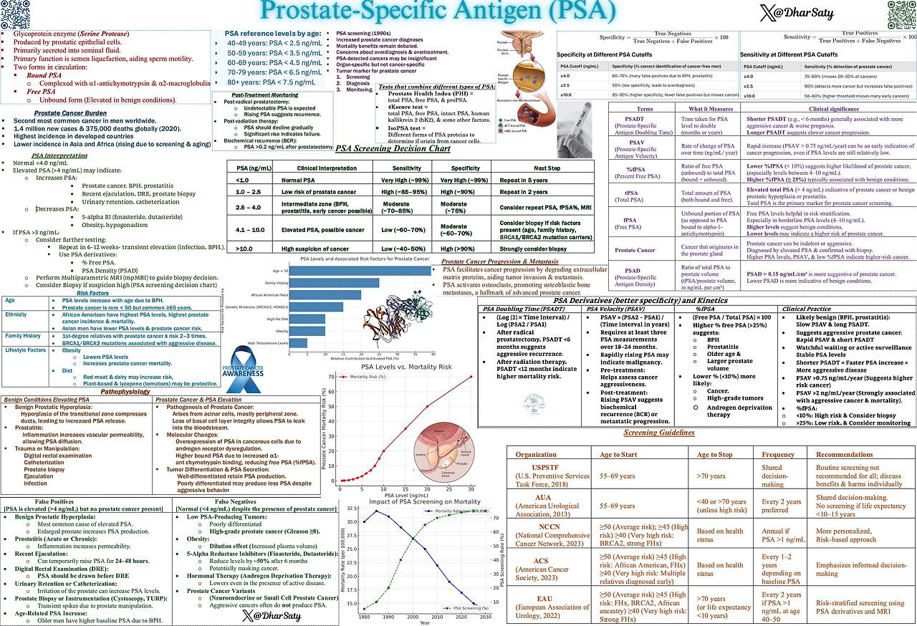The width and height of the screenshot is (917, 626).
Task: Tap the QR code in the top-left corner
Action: [x=14, y=14]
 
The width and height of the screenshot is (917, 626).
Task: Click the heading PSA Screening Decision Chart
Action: [x=393, y=149]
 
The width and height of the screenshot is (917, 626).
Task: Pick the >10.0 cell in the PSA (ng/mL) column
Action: [x=243, y=248]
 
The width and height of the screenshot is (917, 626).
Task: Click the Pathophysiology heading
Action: [x=125, y=392]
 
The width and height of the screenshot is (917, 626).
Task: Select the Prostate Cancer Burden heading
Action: [x=70, y=113]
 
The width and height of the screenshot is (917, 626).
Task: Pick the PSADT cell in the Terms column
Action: [x=634, y=123]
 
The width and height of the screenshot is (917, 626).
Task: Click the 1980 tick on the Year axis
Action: [x=365, y=616]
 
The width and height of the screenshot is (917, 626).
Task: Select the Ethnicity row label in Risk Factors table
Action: [x=16, y=314]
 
